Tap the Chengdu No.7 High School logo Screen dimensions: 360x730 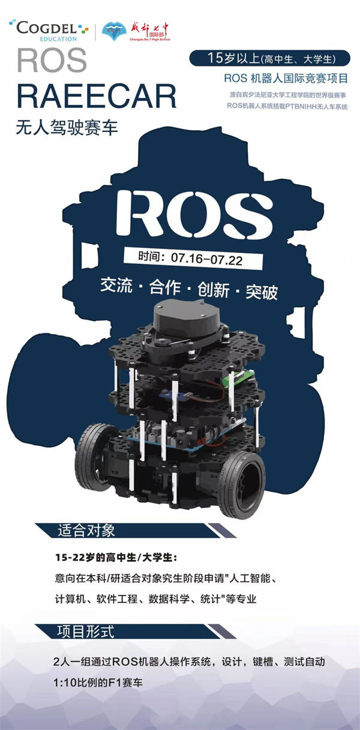tap(136, 32)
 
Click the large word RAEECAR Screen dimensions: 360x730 tap(97, 97)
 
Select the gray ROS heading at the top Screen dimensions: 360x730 tap(52, 61)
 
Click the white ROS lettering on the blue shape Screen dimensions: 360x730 tap(194, 214)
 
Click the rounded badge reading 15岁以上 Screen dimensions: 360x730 tap(269, 58)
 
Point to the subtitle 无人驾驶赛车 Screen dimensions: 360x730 tap(67, 127)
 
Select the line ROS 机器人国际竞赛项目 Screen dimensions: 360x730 tap(286, 78)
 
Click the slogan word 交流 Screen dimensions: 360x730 tap(116, 285)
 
